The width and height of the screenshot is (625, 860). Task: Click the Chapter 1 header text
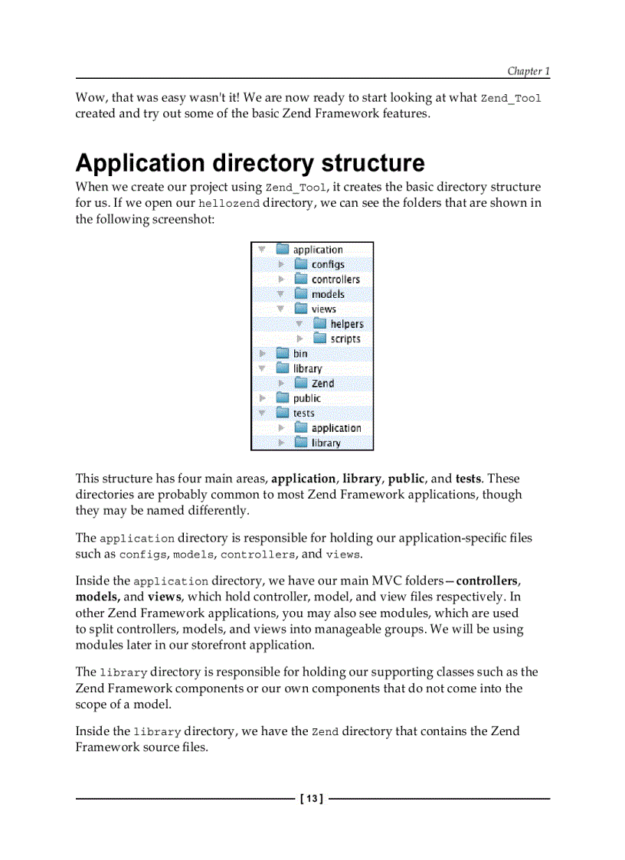pyautogui.click(x=528, y=71)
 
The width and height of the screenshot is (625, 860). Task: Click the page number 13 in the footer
pyautogui.click(x=311, y=799)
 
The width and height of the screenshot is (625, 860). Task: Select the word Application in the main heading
pyautogui.click(x=140, y=163)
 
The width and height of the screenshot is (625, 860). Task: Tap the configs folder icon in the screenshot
pyautogui.click(x=301, y=264)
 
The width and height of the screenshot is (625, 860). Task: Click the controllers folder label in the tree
pyautogui.click(x=335, y=280)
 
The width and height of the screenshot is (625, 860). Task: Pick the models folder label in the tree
pyautogui.click(x=327, y=294)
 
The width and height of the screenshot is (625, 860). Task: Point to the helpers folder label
pyautogui.click(x=346, y=324)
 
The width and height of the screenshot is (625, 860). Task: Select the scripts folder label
pyautogui.click(x=345, y=338)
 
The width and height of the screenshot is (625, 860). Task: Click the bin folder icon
pyautogui.click(x=282, y=354)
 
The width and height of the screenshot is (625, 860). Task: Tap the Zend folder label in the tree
pyautogui.click(x=322, y=383)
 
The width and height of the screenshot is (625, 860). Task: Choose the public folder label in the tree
pyautogui.click(x=306, y=398)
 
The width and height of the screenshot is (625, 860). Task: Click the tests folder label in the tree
pyautogui.click(x=303, y=413)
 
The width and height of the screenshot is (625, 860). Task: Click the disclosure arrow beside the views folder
pyautogui.click(x=280, y=309)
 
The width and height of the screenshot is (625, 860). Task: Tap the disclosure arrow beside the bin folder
pyautogui.click(x=262, y=354)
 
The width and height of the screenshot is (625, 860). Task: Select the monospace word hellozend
pyautogui.click(x=228, y=204)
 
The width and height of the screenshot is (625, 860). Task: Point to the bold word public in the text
pyautogui.click(x=406, y=479)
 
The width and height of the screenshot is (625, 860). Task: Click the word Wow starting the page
pyautogui.click(x=91, y=98)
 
